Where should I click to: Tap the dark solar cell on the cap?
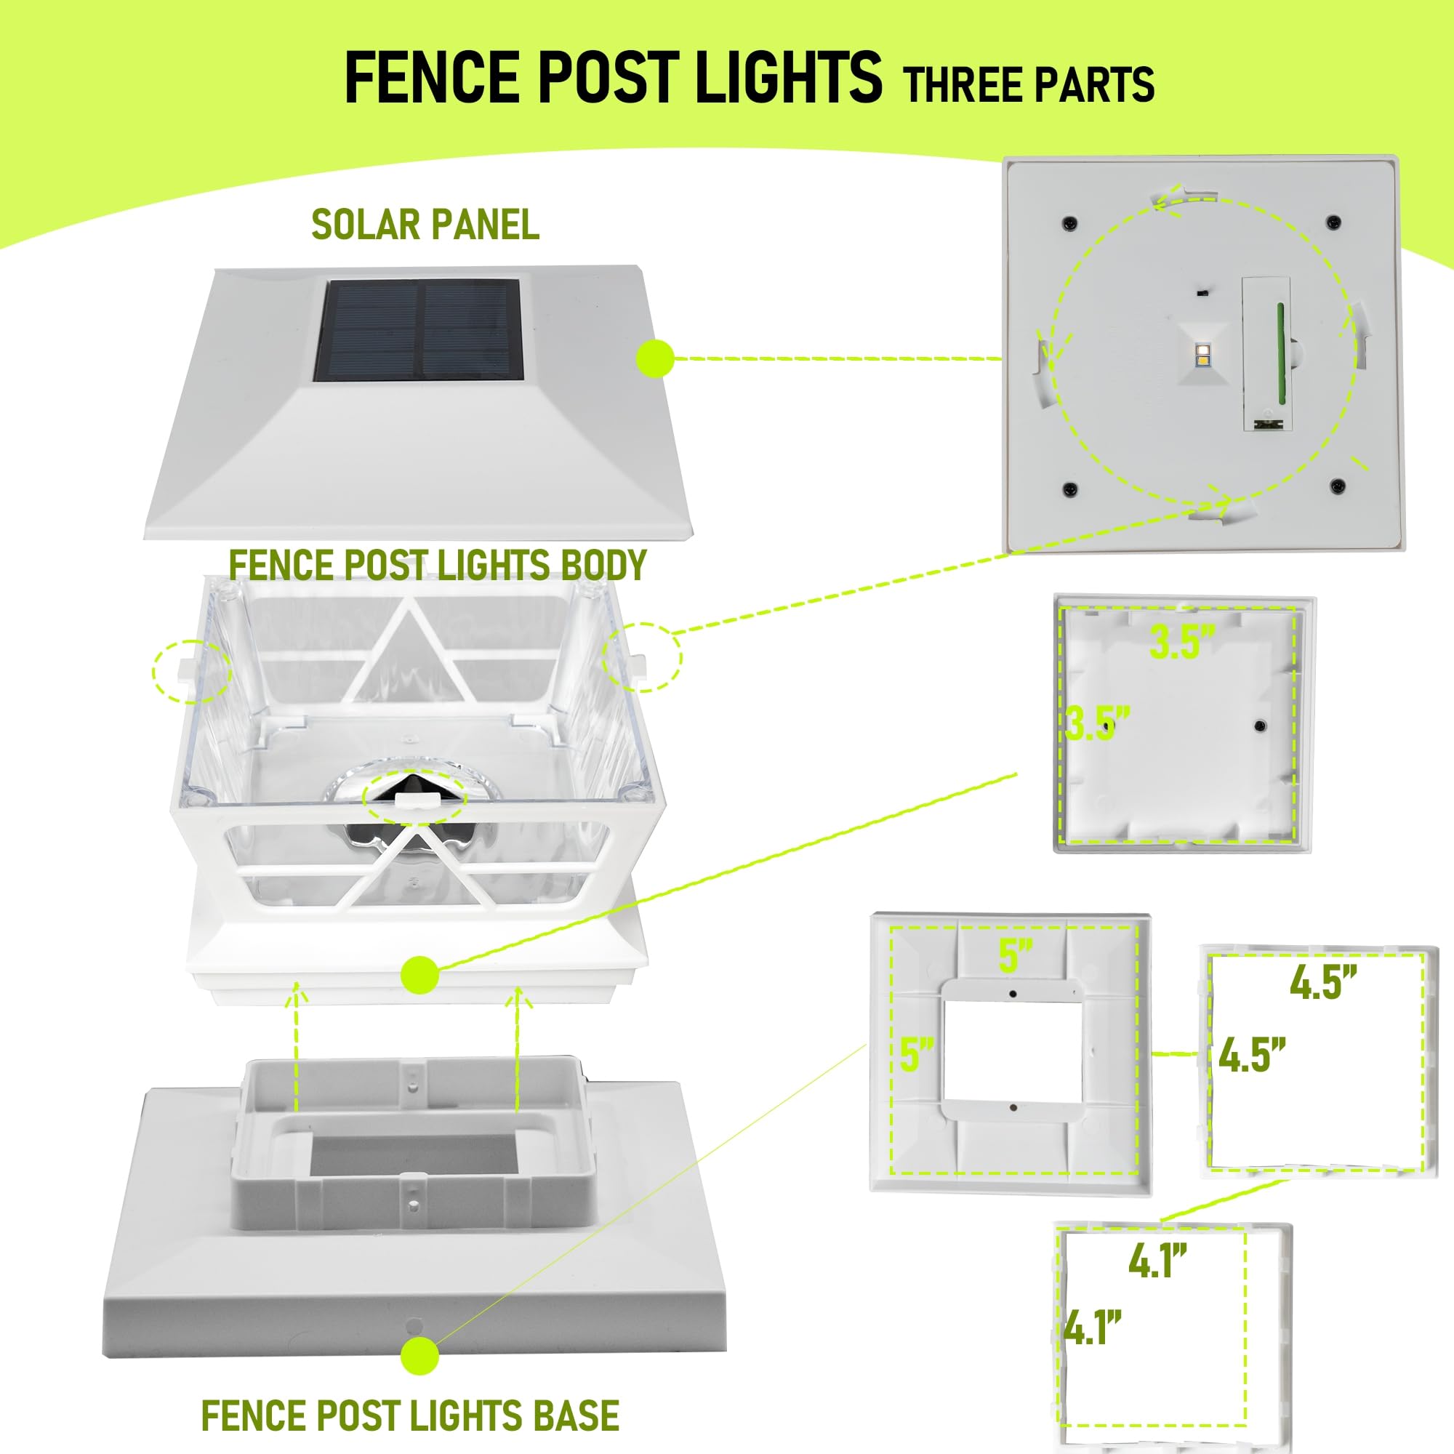(419, 330)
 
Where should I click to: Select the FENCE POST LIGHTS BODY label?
(437, 564)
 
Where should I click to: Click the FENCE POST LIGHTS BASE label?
(410, 1415)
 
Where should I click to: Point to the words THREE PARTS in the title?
(1029, 84)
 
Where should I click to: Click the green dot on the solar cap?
(656, 358)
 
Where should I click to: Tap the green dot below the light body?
(420, 975)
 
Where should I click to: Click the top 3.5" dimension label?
(1181, 642)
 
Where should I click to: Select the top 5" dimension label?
(1015, 955)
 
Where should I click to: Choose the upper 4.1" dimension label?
(1157, 1261)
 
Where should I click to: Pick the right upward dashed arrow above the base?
(517, 1046)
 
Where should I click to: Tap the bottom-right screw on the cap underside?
(1337, 486)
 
